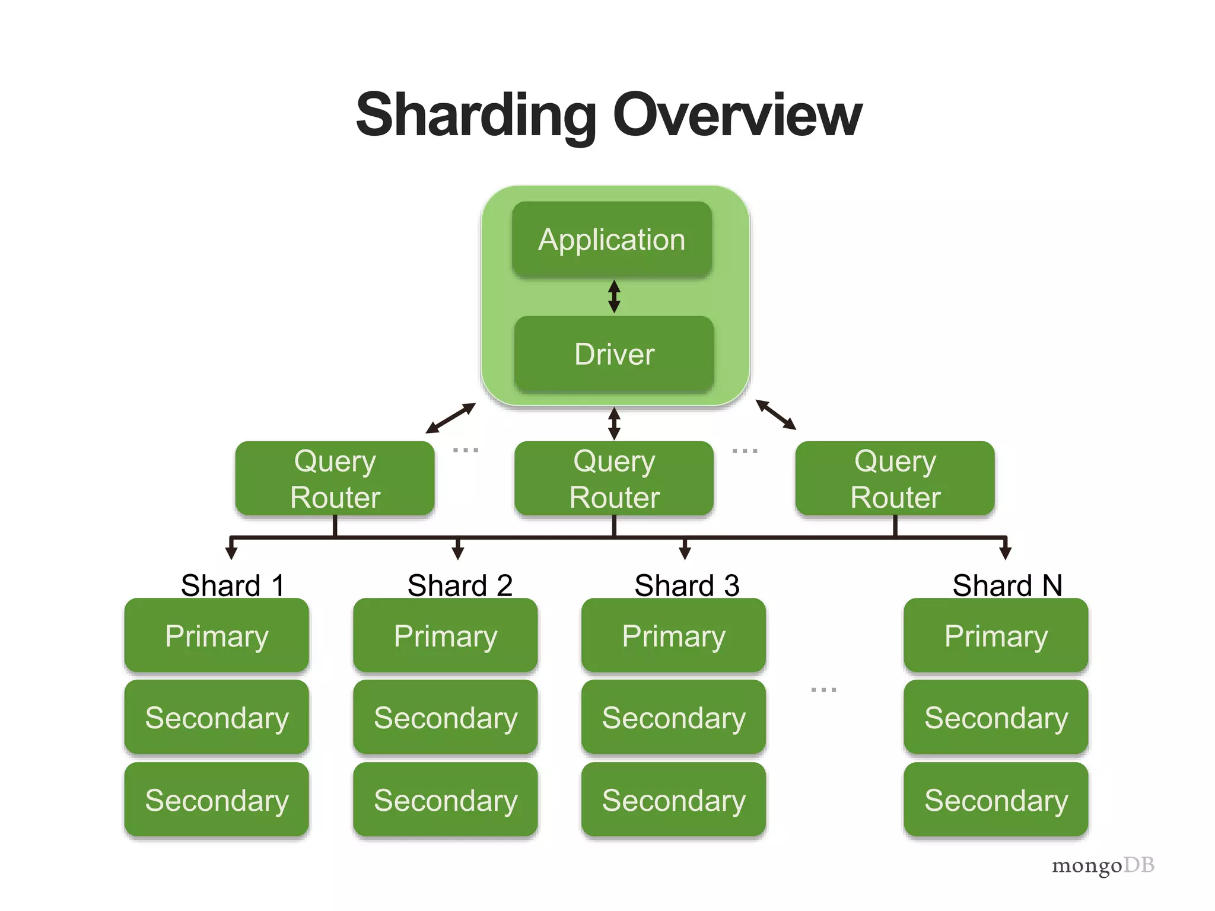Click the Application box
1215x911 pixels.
point(612,240)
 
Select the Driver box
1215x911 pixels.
point(614,354)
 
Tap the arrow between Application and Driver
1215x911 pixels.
point(614,297)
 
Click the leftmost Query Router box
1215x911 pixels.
point(335,478)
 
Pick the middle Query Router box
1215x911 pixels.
point(614,478)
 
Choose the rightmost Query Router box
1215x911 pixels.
point(895,478)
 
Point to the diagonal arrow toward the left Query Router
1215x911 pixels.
point(451,418)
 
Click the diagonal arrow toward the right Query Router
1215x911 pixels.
point(775,415)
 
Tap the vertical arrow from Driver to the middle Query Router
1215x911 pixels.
point(614,423)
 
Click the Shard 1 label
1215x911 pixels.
point(233,585)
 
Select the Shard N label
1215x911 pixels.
point(1007,585)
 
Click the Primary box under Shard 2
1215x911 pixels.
point(445,636)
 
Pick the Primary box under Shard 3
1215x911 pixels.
point(673,636)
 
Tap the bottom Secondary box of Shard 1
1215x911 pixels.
point(217,800)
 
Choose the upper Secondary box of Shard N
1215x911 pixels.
point(995,718)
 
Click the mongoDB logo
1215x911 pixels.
point(1102,865)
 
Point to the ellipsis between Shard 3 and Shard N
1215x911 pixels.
point(823,690)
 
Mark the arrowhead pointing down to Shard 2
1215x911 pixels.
point(457,553)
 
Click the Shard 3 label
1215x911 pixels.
point(686,585)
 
